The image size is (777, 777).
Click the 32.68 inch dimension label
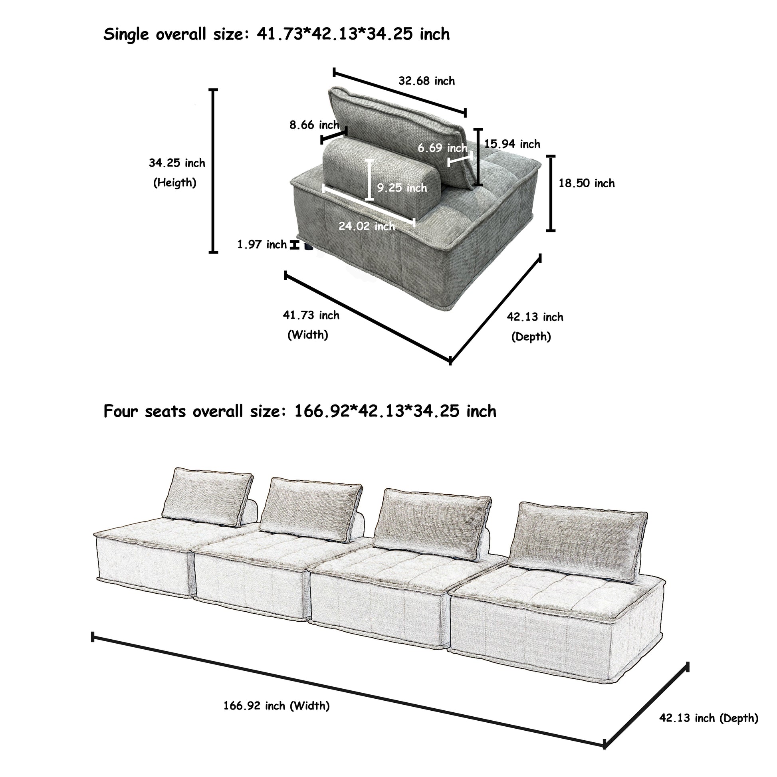426,81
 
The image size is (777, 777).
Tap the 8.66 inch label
314,125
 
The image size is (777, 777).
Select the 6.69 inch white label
442,148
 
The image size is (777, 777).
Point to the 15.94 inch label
511,144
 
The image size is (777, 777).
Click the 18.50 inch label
586,183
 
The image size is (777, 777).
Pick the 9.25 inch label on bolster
401,188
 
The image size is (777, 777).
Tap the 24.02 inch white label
367,226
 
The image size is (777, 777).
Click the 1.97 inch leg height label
262,244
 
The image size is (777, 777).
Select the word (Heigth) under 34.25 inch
174,183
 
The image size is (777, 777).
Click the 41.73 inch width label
311,315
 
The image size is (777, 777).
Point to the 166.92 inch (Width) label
276,706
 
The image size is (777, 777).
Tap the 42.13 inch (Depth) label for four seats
708,718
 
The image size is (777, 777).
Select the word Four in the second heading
121,411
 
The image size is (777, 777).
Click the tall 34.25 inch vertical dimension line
213,171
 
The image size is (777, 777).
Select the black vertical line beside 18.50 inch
551,193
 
